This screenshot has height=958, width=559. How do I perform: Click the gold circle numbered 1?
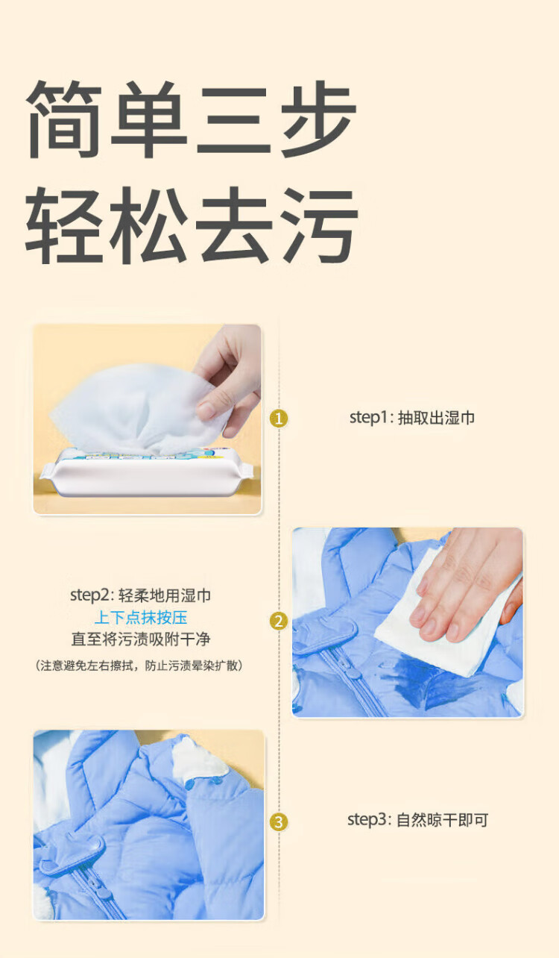tap(279, 419)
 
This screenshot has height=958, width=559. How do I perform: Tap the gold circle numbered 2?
tap(279, 621)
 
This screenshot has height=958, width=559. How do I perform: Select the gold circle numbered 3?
tap(279, 822)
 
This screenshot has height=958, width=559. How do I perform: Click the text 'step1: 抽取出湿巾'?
tap(412, 418)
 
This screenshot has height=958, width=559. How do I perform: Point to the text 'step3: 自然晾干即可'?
tap(417, 820)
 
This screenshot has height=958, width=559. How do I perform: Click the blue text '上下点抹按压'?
tap(141, 618)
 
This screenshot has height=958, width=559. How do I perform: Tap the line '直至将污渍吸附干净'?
tap(141, 639)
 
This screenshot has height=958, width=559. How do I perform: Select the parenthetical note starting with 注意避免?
tap(139, 666)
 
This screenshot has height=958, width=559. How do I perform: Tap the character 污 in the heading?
tap(320, 225)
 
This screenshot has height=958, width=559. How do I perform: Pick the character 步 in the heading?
tap(319, 119)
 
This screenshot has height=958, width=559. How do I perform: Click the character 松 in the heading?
tap(149, 225)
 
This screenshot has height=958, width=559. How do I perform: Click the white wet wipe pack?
tap(146, 472)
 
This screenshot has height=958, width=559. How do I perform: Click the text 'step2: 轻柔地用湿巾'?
tap(141, 595)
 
